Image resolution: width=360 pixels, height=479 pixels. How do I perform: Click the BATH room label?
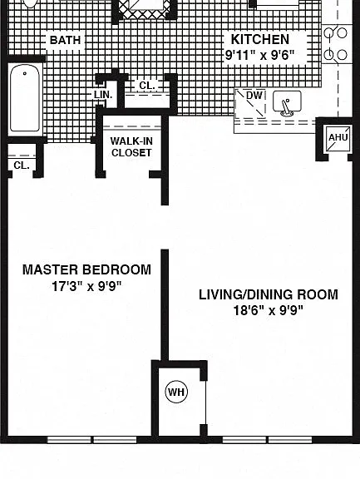tap(65, 40)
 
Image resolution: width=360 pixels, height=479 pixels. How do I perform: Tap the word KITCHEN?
tap(260, 39)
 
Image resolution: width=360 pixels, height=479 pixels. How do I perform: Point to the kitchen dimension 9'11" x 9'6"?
tap(260, 55)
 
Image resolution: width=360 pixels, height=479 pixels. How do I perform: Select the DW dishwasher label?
tap(254, 96)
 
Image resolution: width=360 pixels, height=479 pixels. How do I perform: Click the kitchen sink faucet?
tap(286, 108)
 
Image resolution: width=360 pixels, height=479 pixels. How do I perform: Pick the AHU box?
tap(338, 139)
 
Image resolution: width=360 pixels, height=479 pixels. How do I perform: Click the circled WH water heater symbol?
tap(176, 392)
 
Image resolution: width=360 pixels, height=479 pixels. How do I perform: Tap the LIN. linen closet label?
tap(103, 95)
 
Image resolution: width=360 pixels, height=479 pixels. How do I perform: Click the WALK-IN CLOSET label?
tap(131, 147)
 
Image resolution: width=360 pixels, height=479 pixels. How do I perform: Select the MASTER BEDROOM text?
tap(86, 269)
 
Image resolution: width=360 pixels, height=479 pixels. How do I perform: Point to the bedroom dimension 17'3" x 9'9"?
tap(86, 287)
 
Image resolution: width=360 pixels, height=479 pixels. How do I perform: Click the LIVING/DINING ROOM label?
tap(269, 294)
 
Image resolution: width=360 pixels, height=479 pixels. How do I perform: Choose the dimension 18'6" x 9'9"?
tap(269, 311)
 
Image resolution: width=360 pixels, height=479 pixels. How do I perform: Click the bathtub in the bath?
tap(25, 99)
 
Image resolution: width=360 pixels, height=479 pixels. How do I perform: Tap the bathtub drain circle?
tap(25, 73)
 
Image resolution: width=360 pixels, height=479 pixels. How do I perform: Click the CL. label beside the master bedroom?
tap(22, 165)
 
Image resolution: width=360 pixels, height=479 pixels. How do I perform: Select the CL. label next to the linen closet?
tap(147, 86)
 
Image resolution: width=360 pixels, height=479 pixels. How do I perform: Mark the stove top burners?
tap(337, 44)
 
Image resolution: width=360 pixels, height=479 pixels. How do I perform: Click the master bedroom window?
tap(92, 440)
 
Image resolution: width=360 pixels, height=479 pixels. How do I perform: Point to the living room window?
tap(267, 440)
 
